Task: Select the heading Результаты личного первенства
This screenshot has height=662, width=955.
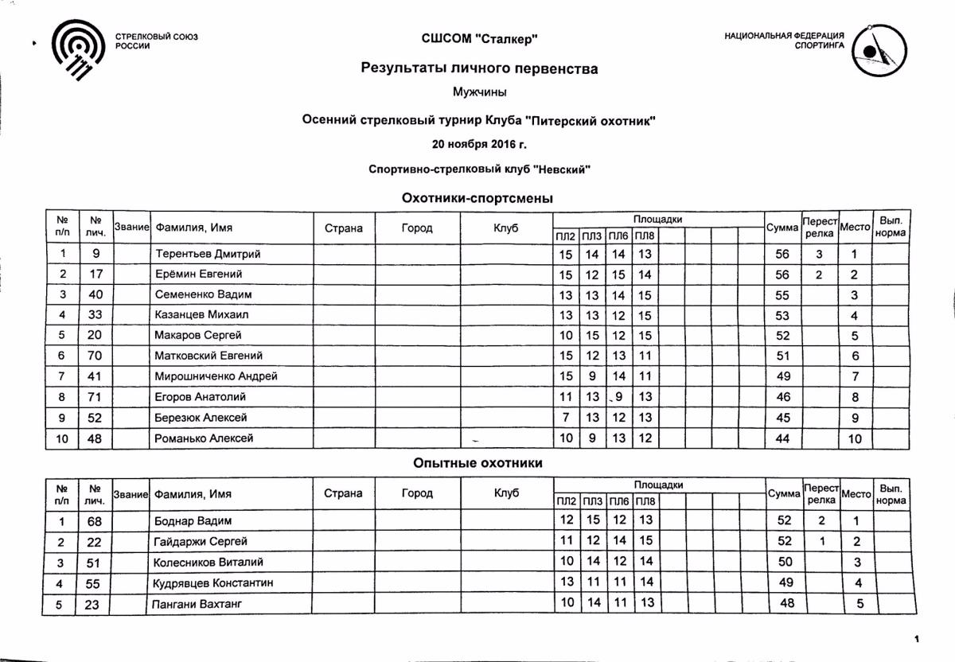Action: tap(479, 68)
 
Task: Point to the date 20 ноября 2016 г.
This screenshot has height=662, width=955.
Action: tap(479, 145)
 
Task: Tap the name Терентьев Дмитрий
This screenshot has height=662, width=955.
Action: tap(208, 254)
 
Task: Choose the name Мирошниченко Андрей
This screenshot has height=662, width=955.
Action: tap(216, 376)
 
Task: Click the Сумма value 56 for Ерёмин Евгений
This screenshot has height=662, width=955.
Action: tap(782, 275)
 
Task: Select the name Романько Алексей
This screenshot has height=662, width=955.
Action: tap(204, 438)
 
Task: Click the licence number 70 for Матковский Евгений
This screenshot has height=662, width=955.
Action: tap(94, 356)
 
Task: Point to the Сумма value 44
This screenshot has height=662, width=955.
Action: tap(782, 438)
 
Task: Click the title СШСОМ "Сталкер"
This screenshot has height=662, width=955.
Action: tap(479, 39)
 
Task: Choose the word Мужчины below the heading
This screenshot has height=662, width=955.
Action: tap(479, 92)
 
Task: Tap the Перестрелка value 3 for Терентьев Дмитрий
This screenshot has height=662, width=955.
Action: tap(819, 254)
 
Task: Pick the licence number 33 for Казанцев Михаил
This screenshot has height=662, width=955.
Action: tap(94, 315)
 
